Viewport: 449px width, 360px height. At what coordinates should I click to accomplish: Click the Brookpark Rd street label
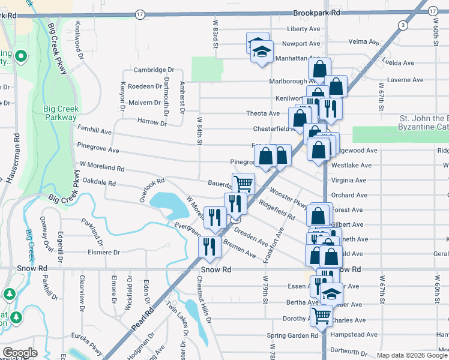pos(317,12)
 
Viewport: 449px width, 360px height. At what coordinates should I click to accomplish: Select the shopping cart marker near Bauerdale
pos(243,184)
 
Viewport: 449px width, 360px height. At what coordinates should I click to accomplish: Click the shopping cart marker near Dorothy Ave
pos(322,315)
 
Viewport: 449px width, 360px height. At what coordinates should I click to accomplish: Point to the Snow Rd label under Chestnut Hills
pos(215,270)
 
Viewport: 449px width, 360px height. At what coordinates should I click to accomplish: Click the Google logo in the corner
pos(20,353)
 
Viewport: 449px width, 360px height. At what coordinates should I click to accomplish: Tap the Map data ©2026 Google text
pos(412,355)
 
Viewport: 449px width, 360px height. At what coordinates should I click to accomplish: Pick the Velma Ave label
pos(365,43)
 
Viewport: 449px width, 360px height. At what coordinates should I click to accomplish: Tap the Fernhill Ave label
pos(95,130)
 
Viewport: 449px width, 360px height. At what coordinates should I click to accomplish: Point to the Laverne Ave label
pos(405,80)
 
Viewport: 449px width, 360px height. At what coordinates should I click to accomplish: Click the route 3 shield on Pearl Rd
pos(402,25)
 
